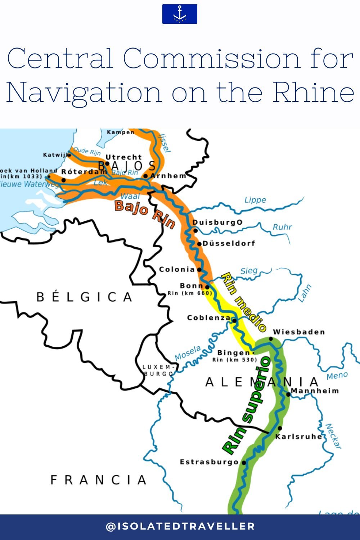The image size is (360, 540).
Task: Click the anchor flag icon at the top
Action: click(x=179, y=14)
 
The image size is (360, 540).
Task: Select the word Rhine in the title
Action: click(x=313, y=93)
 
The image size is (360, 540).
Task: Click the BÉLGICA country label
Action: click(x=85, y=297)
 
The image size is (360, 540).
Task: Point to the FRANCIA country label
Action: click(x=98, y=480)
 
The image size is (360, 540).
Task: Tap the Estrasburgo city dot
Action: click(x=244, y=463)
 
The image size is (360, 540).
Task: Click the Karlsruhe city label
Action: click(x=299, y=437)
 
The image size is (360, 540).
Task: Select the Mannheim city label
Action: click(x=315, y=391)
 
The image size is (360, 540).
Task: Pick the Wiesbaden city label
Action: click(x=299, y=332)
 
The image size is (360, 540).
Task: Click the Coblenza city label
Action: click(x=209, y=318)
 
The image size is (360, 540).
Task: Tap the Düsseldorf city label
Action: click(x=229, y=243)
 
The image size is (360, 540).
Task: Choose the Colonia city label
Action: click(x=177, y=269)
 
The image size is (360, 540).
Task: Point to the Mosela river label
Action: click(x=188, y=353)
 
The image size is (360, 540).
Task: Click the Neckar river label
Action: click(x=333, y=436)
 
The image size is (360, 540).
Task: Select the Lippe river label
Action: click(x=255, y=200)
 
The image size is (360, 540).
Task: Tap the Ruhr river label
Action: click(x=282, y=227)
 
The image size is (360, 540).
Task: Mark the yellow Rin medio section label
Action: click(x=243, y=302)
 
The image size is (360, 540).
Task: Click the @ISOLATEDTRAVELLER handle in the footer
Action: click(x=180, y=526)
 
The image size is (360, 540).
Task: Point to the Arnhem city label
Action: click(x=168, y=176)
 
